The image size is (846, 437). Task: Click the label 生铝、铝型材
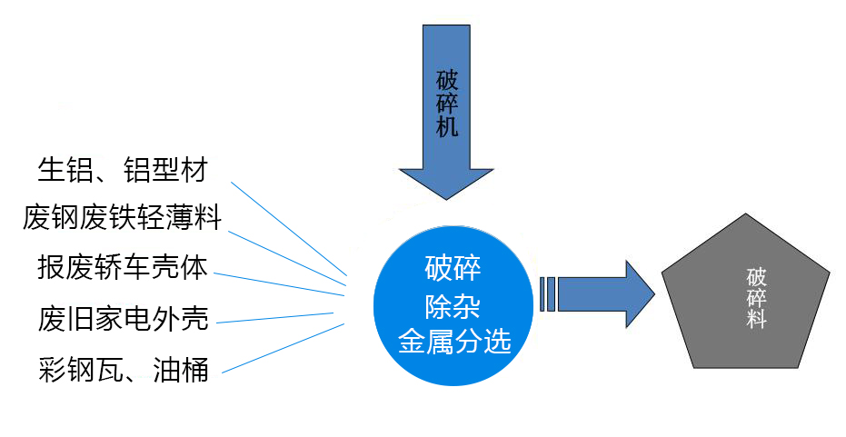click(123, 169)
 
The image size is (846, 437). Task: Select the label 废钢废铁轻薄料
click(123, 218)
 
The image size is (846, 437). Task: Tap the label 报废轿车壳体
click(123, 267)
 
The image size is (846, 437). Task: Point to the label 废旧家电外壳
click(124, 318)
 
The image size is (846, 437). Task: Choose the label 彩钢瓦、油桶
click(124, 369)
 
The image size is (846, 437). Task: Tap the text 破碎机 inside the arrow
click(446, 102)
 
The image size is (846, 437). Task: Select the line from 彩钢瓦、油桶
click(282, 347)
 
